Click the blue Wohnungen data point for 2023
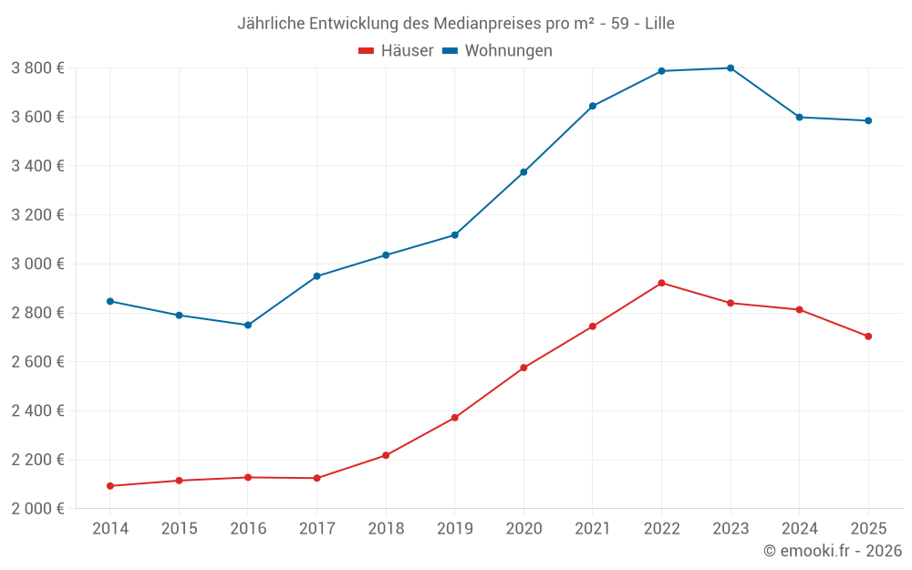pos(731,68)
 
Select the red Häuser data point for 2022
pos(661,283)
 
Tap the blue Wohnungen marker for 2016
pos(248,325)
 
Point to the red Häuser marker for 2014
pos(110,486)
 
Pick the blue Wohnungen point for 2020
pos(523,172)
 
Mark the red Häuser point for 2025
pos(868,337)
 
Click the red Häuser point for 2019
pos(455,418)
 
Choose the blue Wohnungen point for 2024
pos(800,117)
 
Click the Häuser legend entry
pos(396,51)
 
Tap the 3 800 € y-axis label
pos(37,68)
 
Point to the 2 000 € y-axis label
pos(37,509)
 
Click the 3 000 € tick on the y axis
pos(37,264)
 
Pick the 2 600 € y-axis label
pos(37,362)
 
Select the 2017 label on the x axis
pos(316,529)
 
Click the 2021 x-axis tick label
pos(593,529)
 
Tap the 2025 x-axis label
pos(868,529)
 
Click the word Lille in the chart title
pos(659,24)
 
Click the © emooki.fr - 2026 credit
pos(833,551)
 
